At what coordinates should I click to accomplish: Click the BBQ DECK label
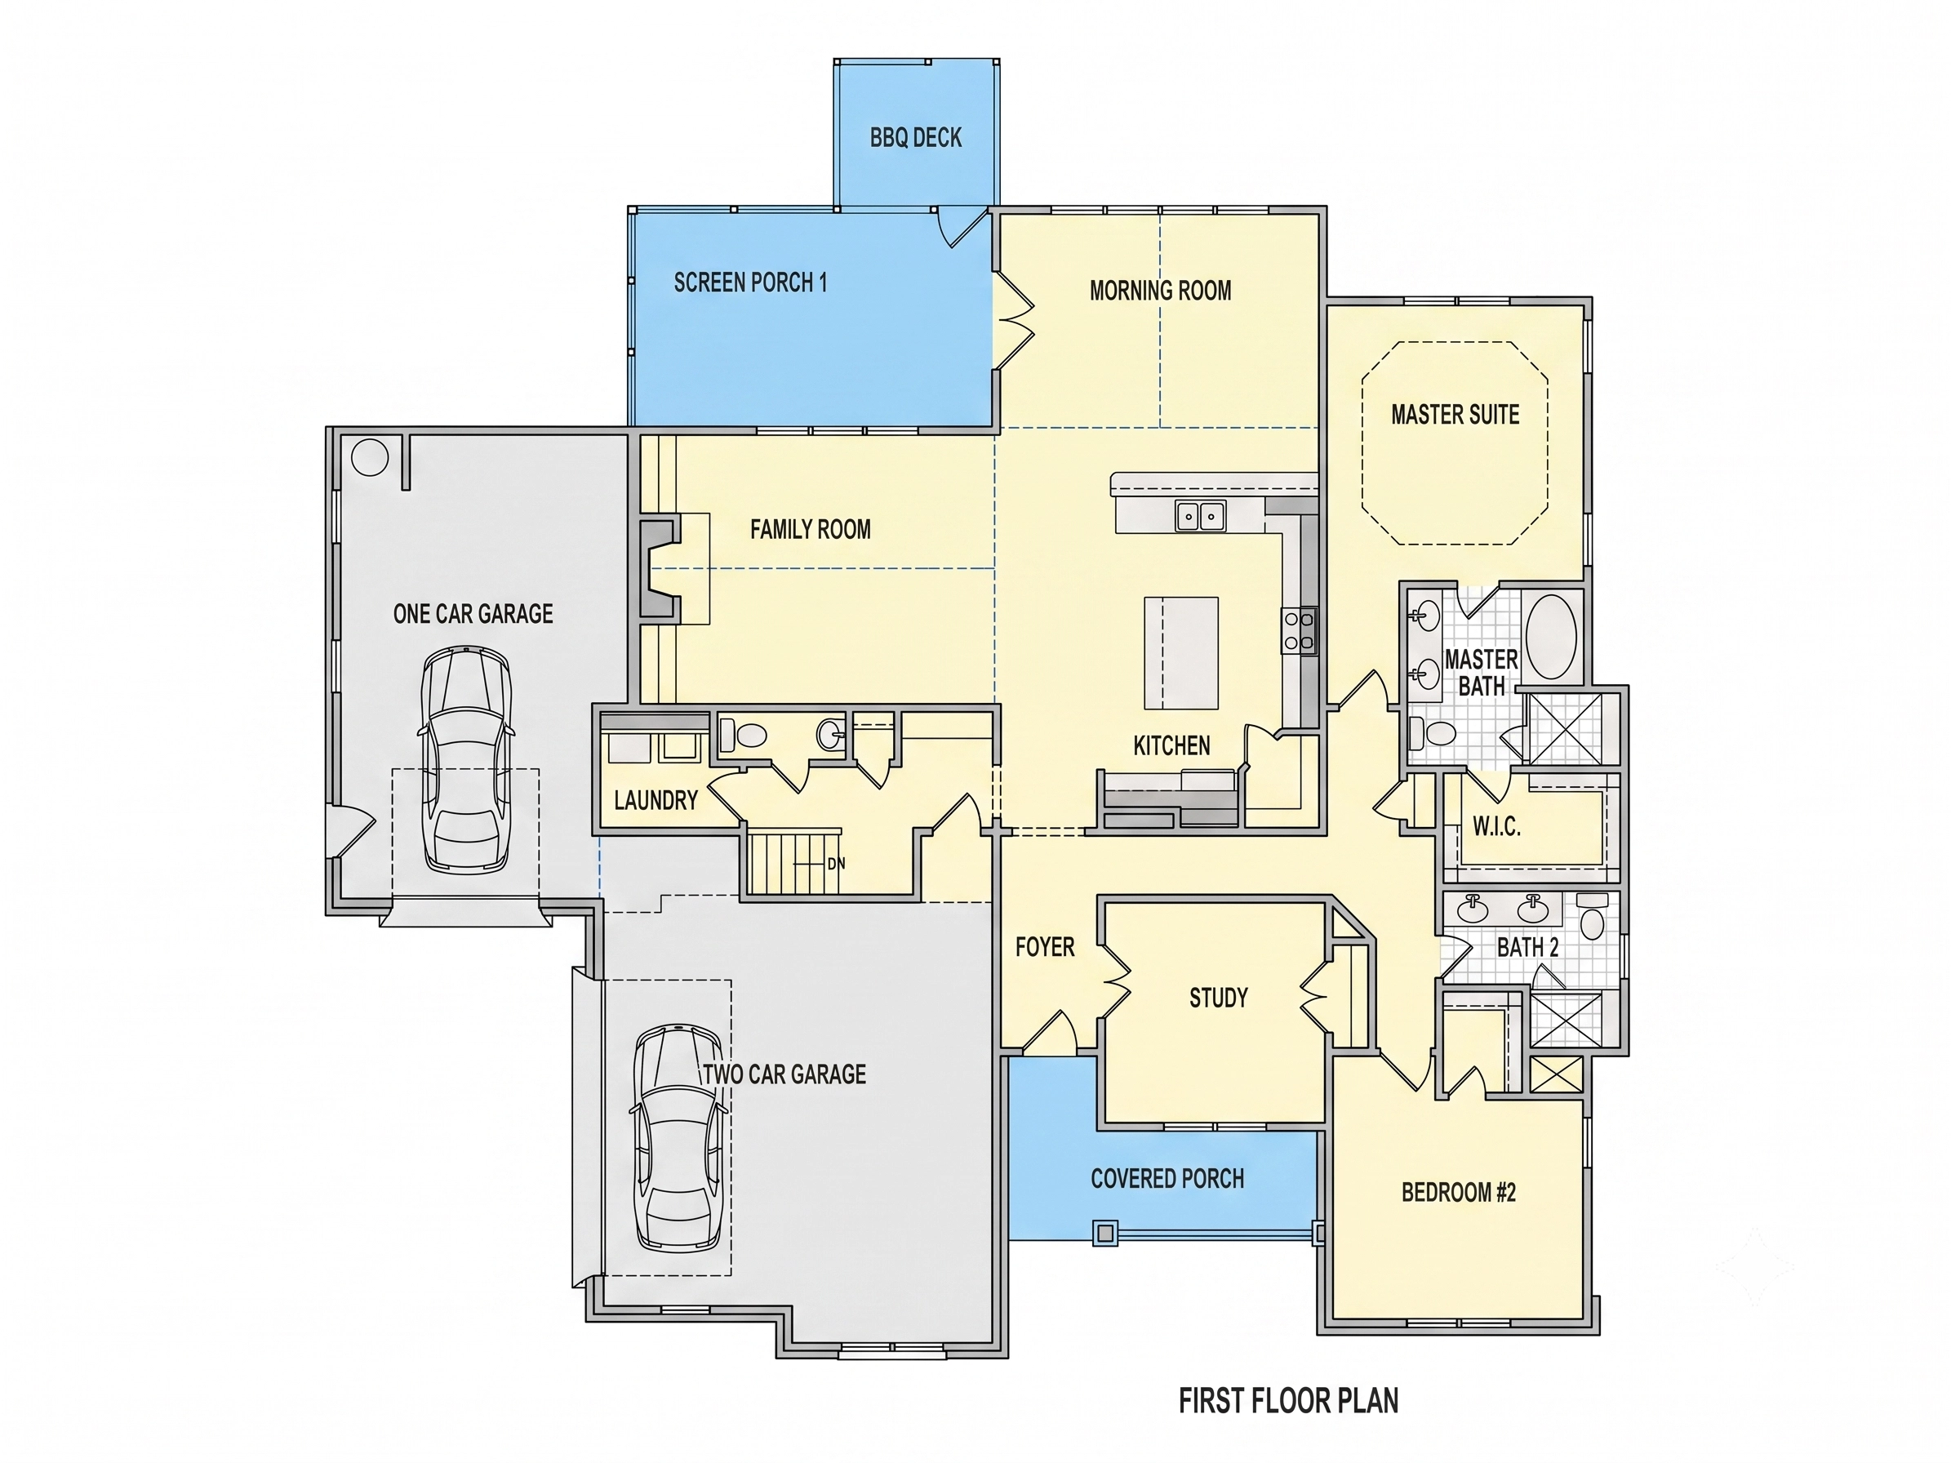916,138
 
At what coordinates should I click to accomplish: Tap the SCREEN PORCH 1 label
750,282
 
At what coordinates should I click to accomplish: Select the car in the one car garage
464,760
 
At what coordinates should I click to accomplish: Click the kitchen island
1181,652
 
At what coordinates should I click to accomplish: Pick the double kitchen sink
1201,515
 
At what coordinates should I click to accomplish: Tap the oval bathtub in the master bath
1552,637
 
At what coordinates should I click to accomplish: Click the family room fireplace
660,569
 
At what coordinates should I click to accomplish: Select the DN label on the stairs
836,863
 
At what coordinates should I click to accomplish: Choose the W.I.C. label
1497,826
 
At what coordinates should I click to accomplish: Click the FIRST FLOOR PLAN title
1289,1400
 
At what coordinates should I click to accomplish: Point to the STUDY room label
1218,998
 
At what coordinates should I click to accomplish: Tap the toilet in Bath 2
1592,916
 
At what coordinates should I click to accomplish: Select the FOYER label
1045,947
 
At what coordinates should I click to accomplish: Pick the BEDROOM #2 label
1459,1192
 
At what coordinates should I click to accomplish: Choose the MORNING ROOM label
1161,290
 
